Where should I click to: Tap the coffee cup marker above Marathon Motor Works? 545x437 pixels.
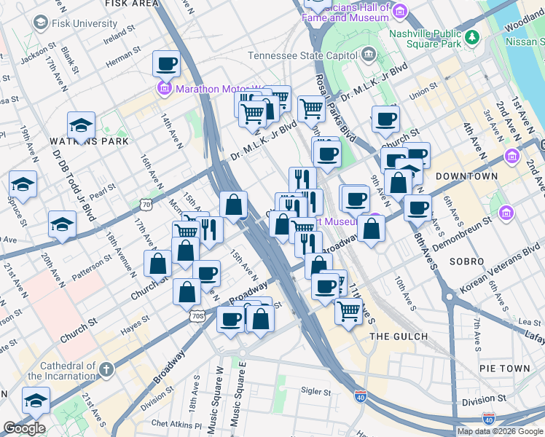pos(166,65)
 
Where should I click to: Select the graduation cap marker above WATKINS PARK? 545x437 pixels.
pos(81,125)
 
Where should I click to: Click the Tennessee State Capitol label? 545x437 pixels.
pos(305,55)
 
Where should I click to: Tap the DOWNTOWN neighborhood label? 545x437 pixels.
pos(466,176)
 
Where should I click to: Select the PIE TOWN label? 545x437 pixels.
pos(505,369)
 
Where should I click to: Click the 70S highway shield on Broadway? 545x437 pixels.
pos(197,315)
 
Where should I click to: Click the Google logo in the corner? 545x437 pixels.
pos(24,428)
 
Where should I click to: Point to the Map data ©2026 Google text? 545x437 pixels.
pos(500,431)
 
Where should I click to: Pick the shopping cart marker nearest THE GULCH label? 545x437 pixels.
pos(348,311)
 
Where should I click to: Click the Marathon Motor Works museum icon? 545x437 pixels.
pos(164,89)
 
